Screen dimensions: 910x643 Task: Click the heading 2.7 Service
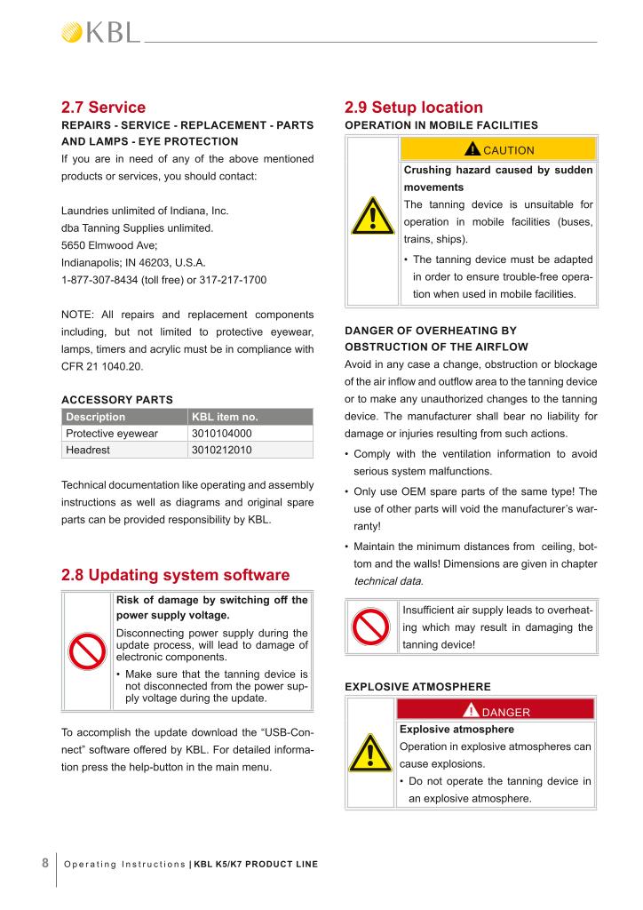[103, 108]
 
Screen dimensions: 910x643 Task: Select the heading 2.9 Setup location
[414, 108]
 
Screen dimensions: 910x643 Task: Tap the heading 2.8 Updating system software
[175, 574]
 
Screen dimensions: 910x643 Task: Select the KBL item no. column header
[225, 416]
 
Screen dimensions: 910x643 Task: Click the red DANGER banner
[496, 711]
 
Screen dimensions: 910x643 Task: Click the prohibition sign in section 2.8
[86, 651]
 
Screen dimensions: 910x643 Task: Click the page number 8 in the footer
[44, 862]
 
